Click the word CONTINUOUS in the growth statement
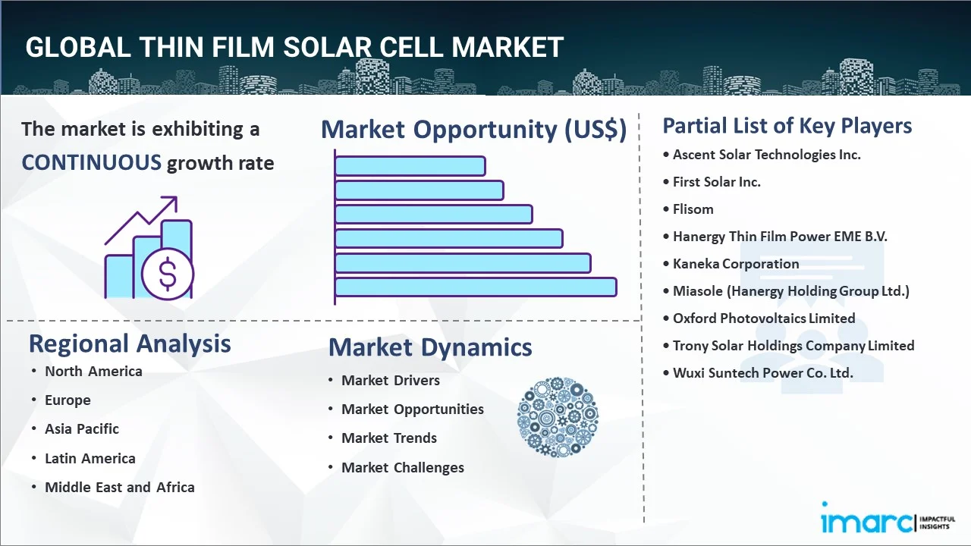click(91, 162)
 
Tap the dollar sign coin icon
click(168, 274)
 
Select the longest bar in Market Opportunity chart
click(475, 287)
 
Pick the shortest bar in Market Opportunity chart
click(410, 165)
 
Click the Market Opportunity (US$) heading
click(473, 130)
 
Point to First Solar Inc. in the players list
click(716, 182)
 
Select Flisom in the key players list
click(693, 209)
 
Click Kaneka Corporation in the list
click(736, 264)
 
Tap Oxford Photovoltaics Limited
click(764, 318)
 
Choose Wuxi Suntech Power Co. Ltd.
click(762, 373)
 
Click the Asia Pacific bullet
click(82, 429)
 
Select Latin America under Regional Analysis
click(90, 459)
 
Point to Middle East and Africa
click(119, 488)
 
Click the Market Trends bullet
click(389, 438)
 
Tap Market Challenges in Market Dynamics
click(402, 468)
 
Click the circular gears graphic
click(558, 417)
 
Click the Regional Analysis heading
click(130, 344)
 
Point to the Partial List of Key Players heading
click(787, 126)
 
